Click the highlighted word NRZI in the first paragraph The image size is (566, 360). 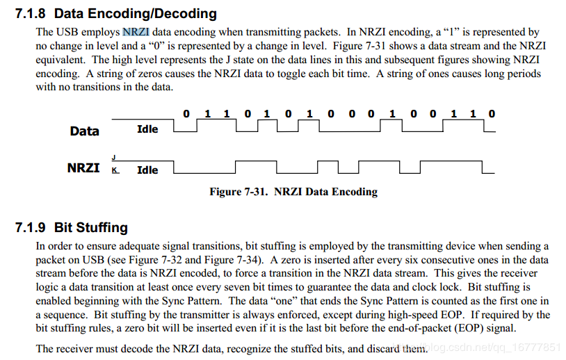click(x=136, y=32)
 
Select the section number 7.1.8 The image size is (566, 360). click(x=31, y=14)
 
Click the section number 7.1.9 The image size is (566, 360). click(x=31, y=227)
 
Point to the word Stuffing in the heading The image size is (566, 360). click(x=102, y=227)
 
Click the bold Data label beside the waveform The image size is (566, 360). click(x=84, y=131)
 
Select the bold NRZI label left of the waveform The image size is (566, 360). click(x=83, y=168)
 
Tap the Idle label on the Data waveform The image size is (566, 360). click(x=147, y=129)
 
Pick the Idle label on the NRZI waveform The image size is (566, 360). click(x=147, y=170)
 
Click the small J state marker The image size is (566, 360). click(x=114, y=158)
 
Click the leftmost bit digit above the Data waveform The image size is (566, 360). click(x=186, y=114)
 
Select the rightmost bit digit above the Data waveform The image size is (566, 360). click(x=492, y=114)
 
